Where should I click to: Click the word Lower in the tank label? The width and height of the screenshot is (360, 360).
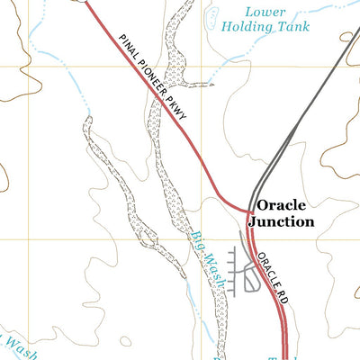click(x=267, y=12)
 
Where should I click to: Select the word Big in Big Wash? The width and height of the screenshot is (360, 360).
click(x=197, y=239)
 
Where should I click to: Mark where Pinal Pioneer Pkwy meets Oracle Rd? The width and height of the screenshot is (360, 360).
click(x=248, y=210)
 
